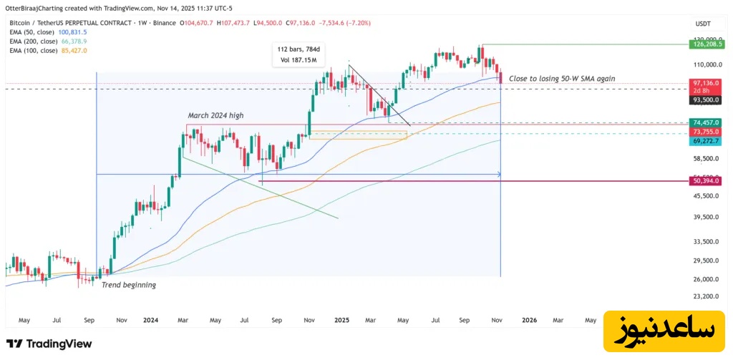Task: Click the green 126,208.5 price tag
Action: (710, 44)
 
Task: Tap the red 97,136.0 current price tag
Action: (710, 83)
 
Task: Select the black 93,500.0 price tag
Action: (710, 99)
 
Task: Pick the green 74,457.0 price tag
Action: (710, 122)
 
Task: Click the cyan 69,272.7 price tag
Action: (710, 141)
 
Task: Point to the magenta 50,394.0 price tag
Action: (710, 180)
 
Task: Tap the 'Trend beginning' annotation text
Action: (129, 285)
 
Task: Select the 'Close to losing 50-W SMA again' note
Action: (561, 78)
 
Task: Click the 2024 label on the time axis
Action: (150, 320)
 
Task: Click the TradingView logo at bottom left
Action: (49, 344)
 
